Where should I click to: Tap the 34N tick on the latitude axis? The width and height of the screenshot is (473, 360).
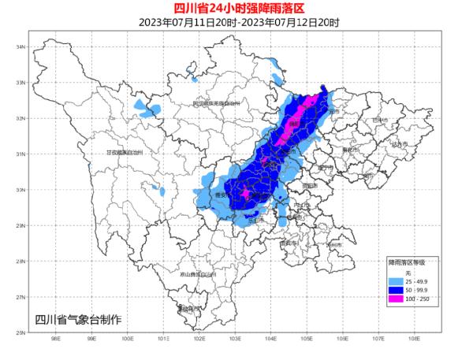21,47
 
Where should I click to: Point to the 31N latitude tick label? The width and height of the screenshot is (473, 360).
21,154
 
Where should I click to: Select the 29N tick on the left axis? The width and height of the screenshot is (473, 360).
21,225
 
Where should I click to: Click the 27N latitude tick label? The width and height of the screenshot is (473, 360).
21,297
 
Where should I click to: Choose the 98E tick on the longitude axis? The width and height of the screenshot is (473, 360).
55,340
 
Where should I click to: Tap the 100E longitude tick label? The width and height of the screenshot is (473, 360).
127,340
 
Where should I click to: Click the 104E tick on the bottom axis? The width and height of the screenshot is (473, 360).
270,340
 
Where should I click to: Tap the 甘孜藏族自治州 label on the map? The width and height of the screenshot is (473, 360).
125,153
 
